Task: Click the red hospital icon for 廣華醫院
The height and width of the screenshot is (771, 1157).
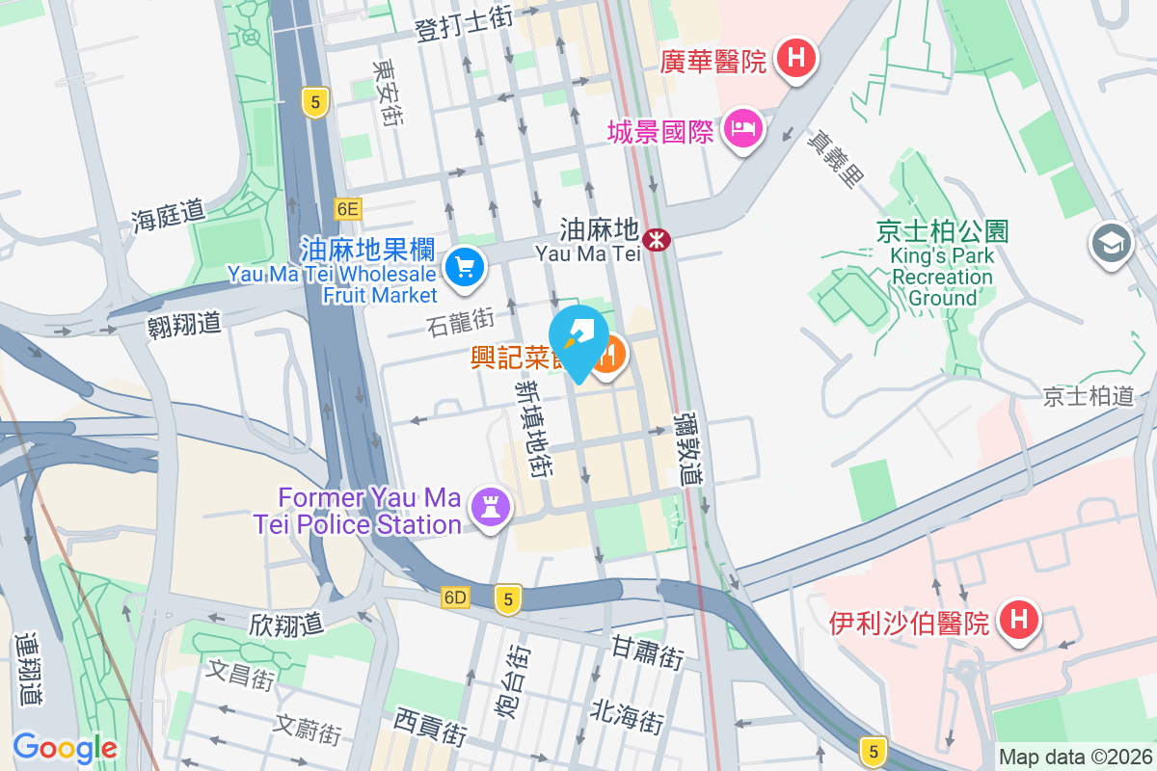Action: tap(795, 58)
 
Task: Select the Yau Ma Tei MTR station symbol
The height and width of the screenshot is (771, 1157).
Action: tap(658, 238)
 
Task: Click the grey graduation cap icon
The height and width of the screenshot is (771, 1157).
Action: tap(1111, 245)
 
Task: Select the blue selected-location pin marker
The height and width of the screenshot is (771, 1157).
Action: tap(578, 339)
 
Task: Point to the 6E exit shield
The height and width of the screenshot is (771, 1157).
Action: tap(348, 208)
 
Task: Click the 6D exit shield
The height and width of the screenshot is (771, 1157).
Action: tap(456, 598)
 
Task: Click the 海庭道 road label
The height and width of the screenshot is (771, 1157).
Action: tap(169, 214)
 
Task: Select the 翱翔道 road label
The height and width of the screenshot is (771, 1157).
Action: tap(185, 323)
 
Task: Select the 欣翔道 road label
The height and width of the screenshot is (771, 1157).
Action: tap(284, 624)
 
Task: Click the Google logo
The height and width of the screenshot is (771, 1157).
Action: tap(65, 747)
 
